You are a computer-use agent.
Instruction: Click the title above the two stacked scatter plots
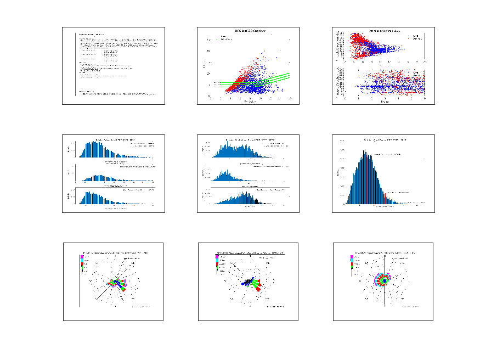(x=384, y=31)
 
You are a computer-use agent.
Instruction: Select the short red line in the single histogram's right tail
(x=385, y=198)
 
